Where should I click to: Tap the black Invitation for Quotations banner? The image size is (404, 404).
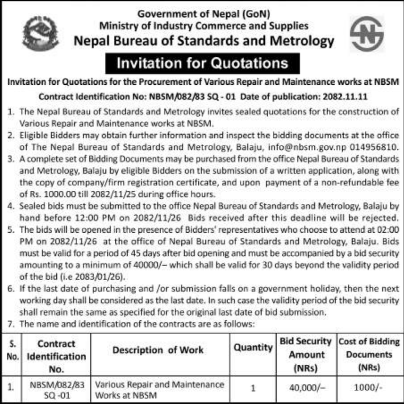pos(202,63)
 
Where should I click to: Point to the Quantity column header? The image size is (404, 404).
pos(253,347)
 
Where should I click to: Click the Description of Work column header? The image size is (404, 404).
pos(158,350)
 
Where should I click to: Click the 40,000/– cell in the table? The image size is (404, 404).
pos(306,388)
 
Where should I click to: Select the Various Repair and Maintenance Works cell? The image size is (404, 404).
pos(160,389)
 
